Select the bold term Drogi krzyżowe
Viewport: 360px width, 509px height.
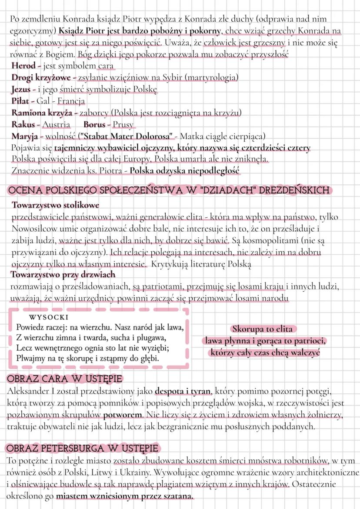[x=42, y=77]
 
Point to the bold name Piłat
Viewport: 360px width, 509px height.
[x=22, y=101]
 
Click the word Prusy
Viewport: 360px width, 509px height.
[x=123, y=124]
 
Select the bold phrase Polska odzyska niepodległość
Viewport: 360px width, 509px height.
[x=185, y=171]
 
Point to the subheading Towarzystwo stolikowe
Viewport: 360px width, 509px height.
[x=55, y=205]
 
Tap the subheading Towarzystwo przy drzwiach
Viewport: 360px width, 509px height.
[x=63, y=274]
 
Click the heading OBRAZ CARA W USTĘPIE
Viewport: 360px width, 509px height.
[x=64, y=378]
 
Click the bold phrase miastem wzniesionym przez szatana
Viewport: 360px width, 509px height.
[x=125, y=496]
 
